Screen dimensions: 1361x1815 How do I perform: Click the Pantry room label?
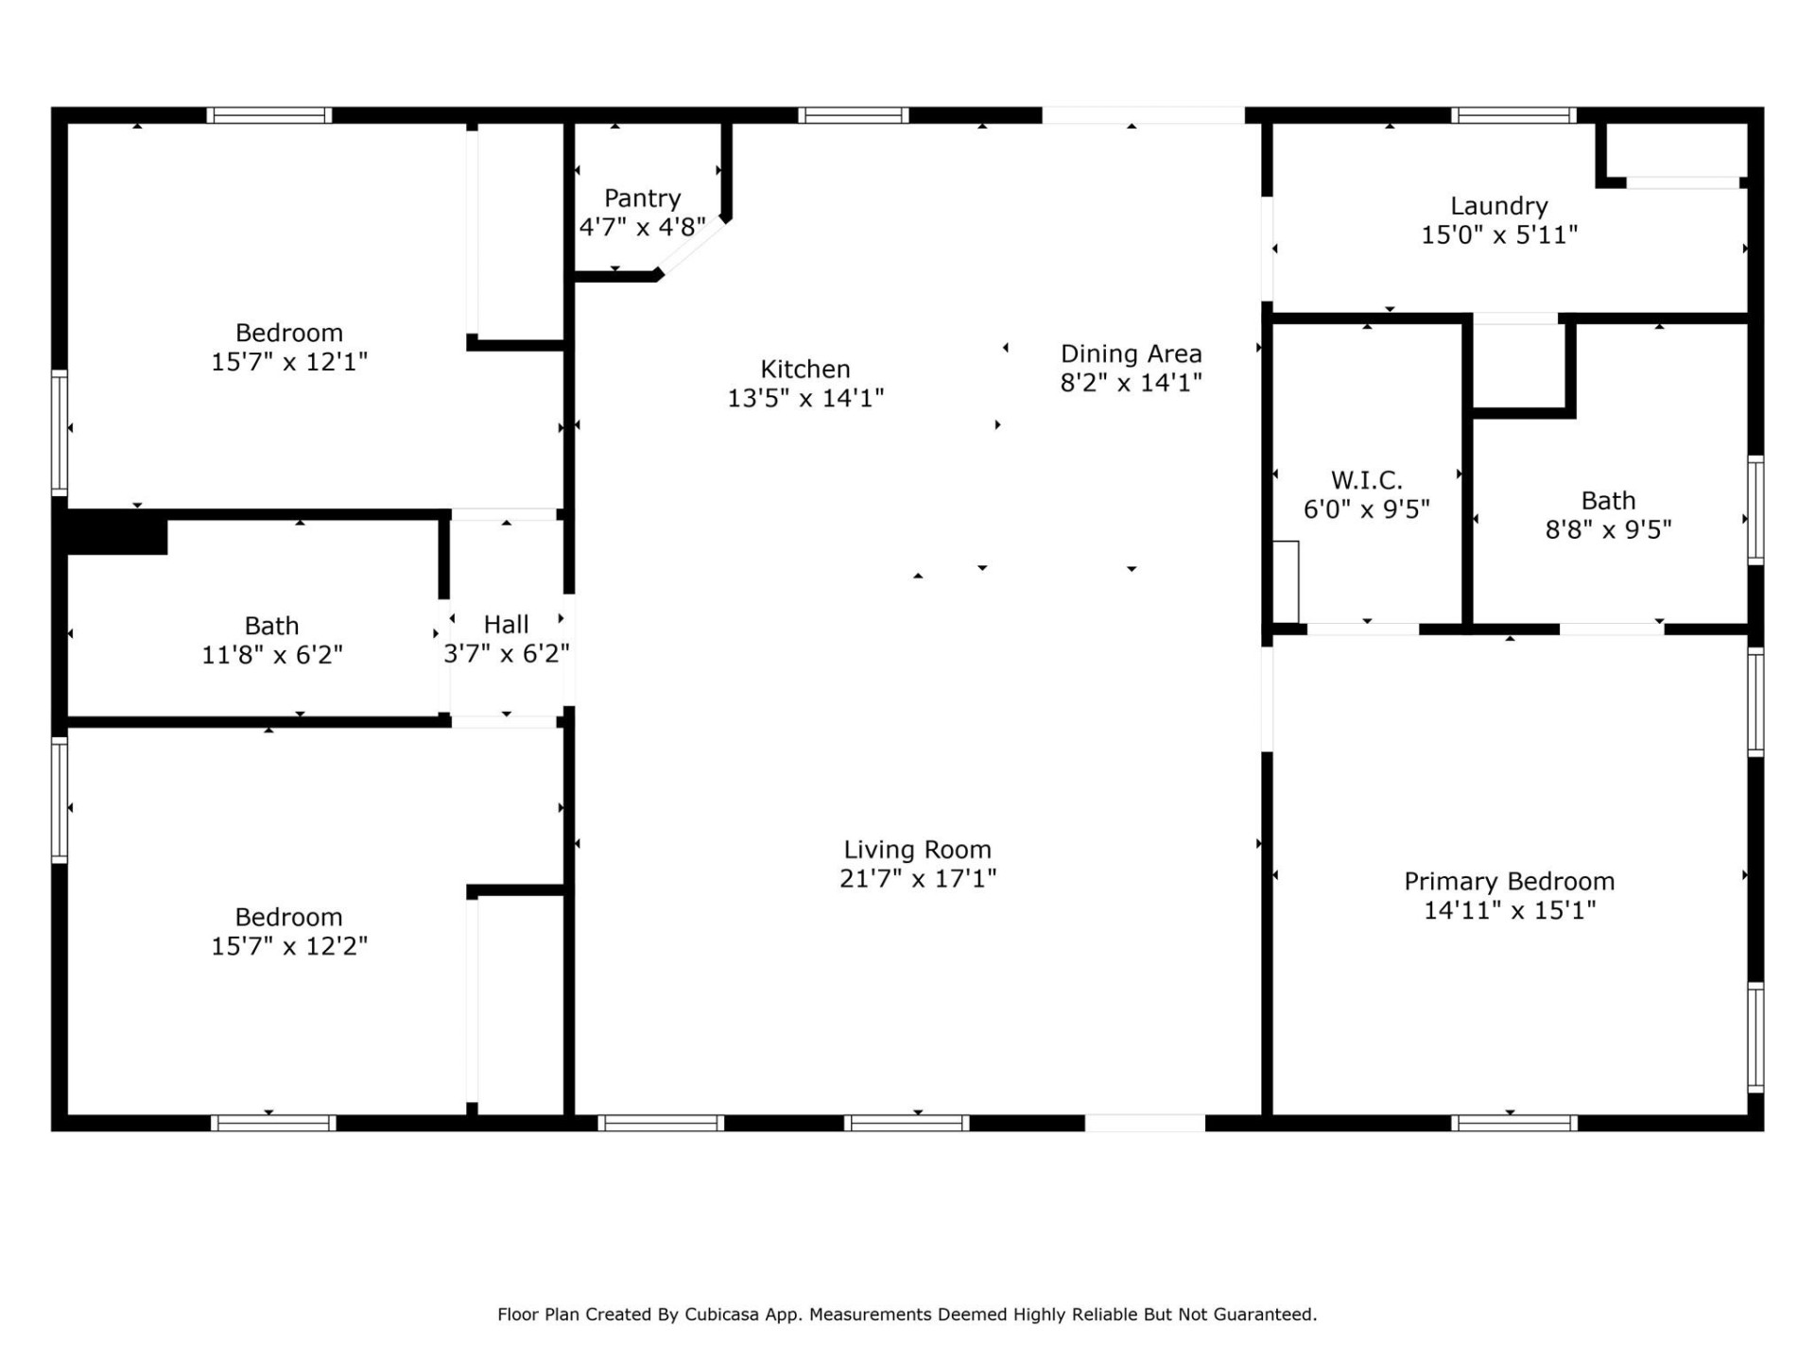(642, 198)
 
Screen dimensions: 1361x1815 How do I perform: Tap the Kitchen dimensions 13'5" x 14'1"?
(805, 398)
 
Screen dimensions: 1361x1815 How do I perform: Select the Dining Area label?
(1131, 353)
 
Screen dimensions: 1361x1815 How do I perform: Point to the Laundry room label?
(1498, 206)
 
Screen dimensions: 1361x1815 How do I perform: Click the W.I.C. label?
(1366, 480)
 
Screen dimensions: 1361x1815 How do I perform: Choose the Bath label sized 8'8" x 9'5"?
(1607, 501)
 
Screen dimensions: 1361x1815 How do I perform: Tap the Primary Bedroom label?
(1509, 882)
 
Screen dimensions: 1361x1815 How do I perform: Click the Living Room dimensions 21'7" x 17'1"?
(917, 879)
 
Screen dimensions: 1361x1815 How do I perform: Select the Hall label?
(506, 625)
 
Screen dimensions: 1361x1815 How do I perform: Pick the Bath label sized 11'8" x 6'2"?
(271, 626)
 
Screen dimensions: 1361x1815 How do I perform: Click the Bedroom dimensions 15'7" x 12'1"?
(288, 362)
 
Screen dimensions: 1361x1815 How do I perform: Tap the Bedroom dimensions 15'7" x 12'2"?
(288, 946)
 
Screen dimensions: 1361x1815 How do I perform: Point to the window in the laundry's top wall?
(1513, 115)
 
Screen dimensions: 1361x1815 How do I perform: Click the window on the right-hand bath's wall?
(1755, 510)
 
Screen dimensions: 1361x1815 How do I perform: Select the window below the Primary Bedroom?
(1513, 1123)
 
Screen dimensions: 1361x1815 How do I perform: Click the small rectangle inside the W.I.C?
(1286, 581)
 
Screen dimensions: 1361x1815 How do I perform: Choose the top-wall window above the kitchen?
(853, 115)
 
